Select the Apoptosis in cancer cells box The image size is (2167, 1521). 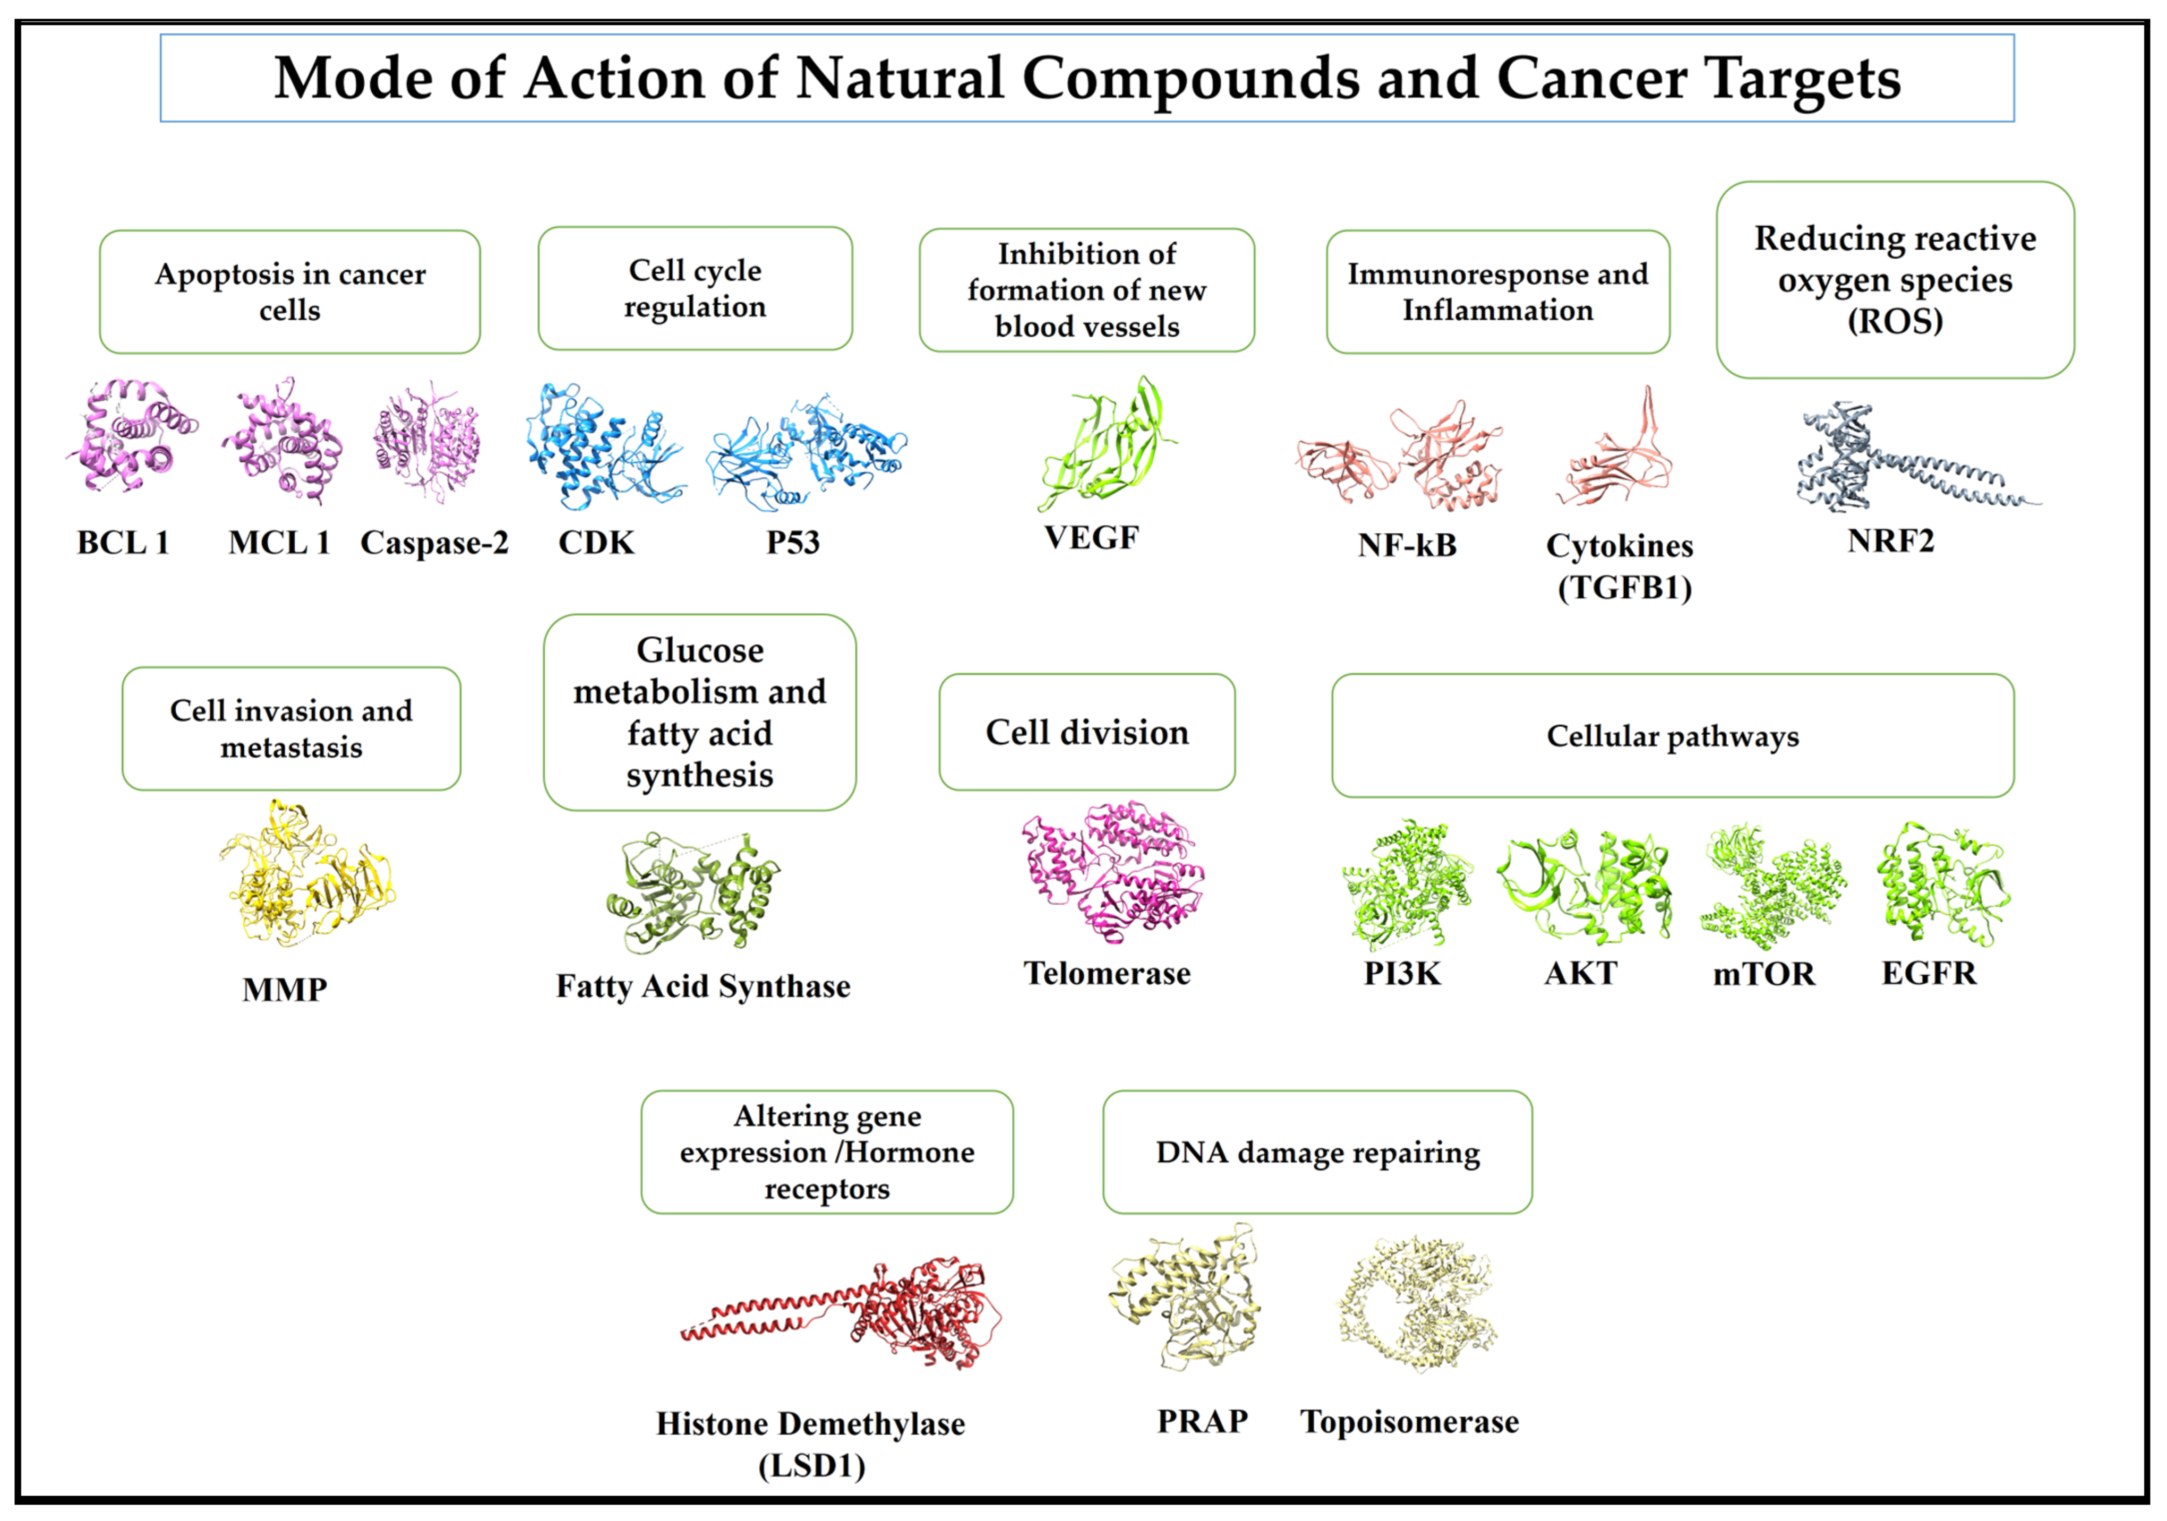pos(290,291)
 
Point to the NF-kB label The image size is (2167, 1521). pos(1406,544)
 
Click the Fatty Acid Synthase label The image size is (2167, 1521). pos(703,986)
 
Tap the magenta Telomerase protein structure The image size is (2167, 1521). pos(1114,873)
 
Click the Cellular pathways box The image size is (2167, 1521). pos(1673,735)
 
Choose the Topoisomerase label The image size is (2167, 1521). pos(1409,1421)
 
